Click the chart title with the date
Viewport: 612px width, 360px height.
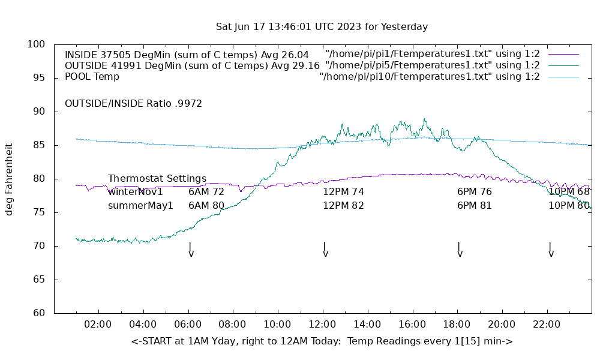(322, 27)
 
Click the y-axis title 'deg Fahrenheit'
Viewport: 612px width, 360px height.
(9, 179)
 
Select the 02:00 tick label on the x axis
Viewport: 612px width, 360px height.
(98, 325)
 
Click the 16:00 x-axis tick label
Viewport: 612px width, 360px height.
(412, 325)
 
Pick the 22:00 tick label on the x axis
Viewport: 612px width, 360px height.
(547, 325)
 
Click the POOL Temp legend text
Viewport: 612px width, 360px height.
(92, 77)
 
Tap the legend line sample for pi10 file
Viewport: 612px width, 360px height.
(563, 77)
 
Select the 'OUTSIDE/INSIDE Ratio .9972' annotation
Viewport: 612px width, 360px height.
(133, 104)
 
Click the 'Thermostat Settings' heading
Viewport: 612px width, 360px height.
(157, 179)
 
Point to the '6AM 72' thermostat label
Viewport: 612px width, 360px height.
(206, 192)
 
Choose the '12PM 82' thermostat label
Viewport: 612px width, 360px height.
(343, 205)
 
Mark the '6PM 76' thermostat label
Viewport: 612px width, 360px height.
(475, 192)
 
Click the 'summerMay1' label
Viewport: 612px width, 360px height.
(140, 205)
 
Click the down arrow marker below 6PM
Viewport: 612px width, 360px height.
(460, 250)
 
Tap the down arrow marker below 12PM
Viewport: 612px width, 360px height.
(325, 250)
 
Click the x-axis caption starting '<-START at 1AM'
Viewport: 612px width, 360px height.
(322, 341)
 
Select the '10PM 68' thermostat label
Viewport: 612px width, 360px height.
(569, 192)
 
